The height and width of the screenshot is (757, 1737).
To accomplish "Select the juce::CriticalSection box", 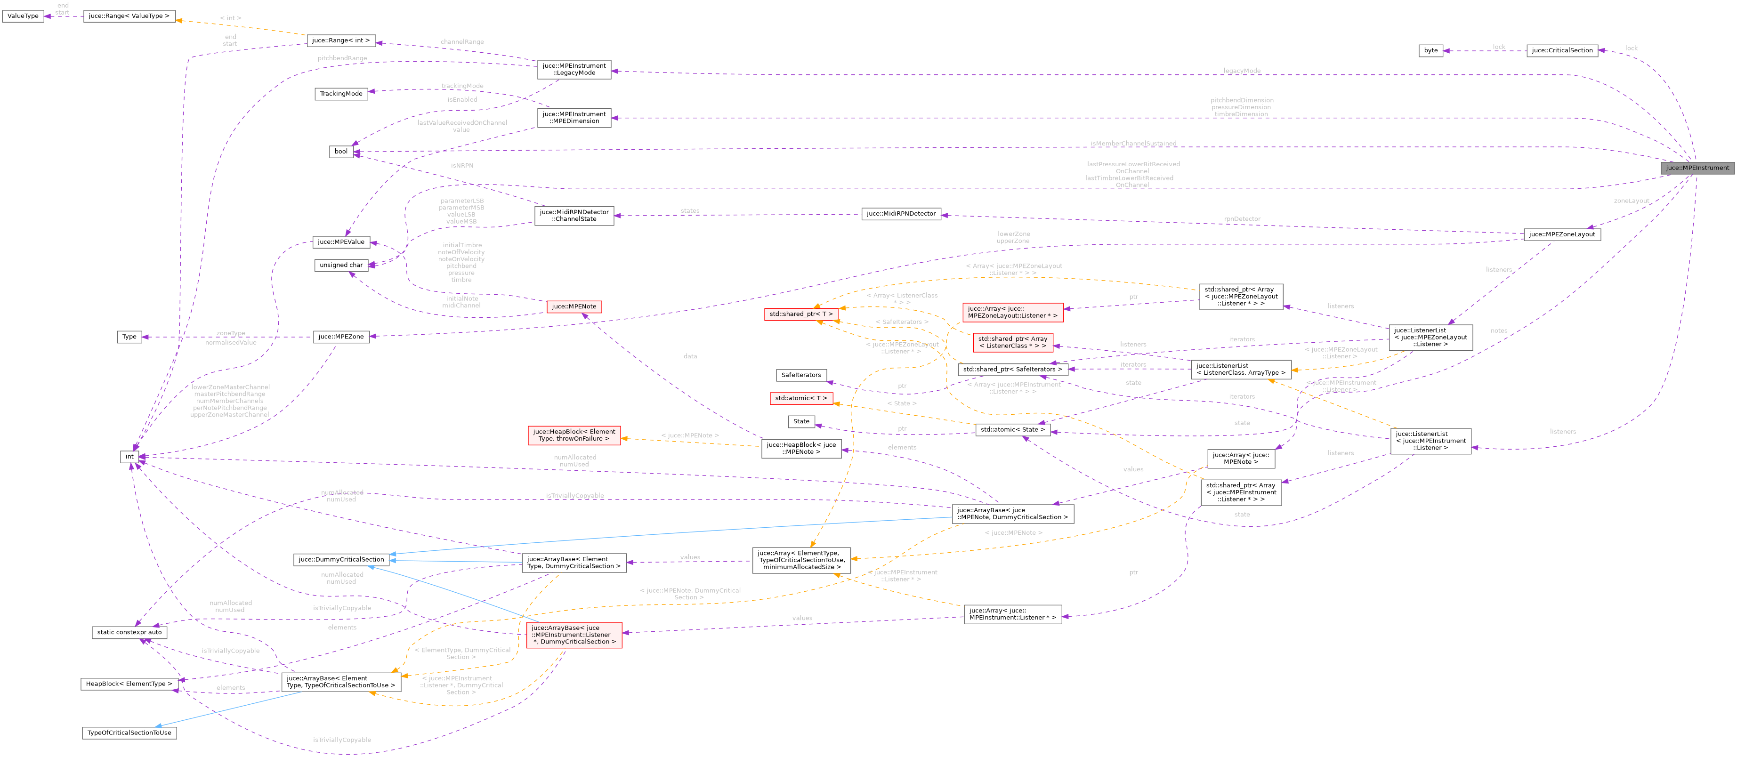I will coord(1562,50).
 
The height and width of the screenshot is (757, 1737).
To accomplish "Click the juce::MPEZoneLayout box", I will coord(1562,234).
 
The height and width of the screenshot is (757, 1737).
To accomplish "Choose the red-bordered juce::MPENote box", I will coord(574,307).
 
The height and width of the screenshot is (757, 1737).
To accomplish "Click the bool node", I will coord(341,152).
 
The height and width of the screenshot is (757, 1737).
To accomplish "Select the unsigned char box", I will coord(341,266).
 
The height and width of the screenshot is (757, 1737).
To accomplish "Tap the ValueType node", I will coord(23,16).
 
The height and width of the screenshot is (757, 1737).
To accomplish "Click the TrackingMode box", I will coord(341,94).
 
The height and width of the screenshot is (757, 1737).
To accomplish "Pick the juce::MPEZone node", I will coord(341,337).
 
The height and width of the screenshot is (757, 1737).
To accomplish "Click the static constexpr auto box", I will coord(129,632).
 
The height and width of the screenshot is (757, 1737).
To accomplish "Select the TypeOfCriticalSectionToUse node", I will coord(129,733).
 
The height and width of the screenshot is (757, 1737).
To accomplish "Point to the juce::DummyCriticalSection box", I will coord(341,559).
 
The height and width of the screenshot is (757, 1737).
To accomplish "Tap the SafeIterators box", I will coord(801,375).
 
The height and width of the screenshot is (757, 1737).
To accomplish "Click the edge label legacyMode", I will coord(1241,71).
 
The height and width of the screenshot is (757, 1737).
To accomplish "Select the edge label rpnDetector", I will coord(1242,219).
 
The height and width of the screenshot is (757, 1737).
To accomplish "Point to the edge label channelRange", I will coord(462,42).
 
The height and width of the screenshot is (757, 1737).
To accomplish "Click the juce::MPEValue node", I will coord(341,242).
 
